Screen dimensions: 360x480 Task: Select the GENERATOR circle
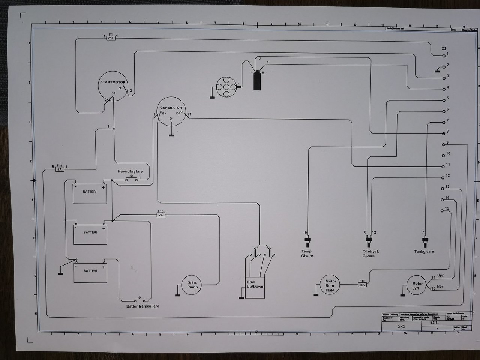point(171,112)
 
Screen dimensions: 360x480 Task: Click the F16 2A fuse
point(60,169)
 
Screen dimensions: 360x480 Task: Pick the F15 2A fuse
point(160,215)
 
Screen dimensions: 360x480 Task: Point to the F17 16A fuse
point(362,285)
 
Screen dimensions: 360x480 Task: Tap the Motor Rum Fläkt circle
point(330,285)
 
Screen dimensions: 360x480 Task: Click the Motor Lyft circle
point(417,286)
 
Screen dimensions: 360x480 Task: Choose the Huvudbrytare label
point(130,171)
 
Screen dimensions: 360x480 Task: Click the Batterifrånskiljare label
point(142,306)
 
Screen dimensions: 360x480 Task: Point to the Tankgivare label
point(424,251)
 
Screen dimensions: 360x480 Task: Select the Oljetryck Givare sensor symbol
point(369,240)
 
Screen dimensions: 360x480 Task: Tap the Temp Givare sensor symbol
point(308,240)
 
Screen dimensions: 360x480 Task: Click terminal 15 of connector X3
point(443,211)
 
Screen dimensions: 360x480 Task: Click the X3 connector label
point(444,49)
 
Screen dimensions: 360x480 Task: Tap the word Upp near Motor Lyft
point(441,275)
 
